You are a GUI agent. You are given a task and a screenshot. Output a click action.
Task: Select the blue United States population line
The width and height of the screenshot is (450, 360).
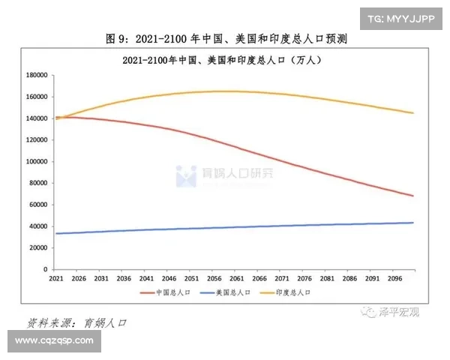(x=225, y=228)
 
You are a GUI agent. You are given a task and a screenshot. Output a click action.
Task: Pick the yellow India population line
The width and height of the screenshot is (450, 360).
(x=225, y=91)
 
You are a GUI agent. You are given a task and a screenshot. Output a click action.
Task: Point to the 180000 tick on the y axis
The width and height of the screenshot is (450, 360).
(x=37, y=75)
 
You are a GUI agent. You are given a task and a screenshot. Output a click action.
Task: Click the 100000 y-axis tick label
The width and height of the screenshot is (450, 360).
(x=37, y=161)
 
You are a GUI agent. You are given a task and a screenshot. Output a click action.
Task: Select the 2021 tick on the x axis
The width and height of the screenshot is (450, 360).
(x=56, y=277)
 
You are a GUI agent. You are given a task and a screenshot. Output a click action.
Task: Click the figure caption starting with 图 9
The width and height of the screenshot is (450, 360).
(x=225, y=37)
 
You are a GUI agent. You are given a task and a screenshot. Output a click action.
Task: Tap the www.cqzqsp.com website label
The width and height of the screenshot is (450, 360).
(x=54, y=341)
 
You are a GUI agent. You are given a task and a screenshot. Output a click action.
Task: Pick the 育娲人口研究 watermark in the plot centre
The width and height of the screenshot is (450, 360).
(x=225, y=175)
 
